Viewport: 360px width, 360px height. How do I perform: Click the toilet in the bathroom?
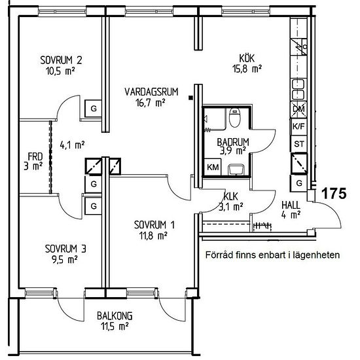[x=234, y=117]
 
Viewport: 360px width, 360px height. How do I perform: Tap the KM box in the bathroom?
[x=213, y=167]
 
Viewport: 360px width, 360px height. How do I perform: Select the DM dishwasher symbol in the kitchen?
[x=299, y=109]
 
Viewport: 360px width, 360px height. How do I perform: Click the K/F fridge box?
[x=299, y=126]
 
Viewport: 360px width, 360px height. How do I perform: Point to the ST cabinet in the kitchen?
[x=299, y=144]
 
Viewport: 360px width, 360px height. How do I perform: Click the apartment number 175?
[x=334, y=193]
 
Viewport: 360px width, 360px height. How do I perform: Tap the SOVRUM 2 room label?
[x=61, y=60]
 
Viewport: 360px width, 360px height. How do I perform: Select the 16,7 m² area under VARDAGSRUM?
[x=151, y=103]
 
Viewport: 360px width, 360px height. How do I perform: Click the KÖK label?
[x=247, y=58]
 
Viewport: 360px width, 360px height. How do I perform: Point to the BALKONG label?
[x=115, y=316]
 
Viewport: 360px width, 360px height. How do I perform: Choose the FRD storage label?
[x=35, y=157]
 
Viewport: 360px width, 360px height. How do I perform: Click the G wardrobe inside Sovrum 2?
[x=94, y=109]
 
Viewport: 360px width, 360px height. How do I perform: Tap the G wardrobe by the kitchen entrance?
[x=299, y=183]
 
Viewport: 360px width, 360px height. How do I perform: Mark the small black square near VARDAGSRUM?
[x=190, y=98]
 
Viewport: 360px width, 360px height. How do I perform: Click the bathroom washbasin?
[x=236, y=170]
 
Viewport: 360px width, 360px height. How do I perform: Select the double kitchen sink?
[x=298, y=90]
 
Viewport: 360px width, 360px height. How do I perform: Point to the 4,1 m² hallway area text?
[x=72, y=145]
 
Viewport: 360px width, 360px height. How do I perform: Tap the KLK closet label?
[x=231, y=197]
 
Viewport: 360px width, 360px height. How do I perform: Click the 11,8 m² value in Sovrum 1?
[x=153, y=236]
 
